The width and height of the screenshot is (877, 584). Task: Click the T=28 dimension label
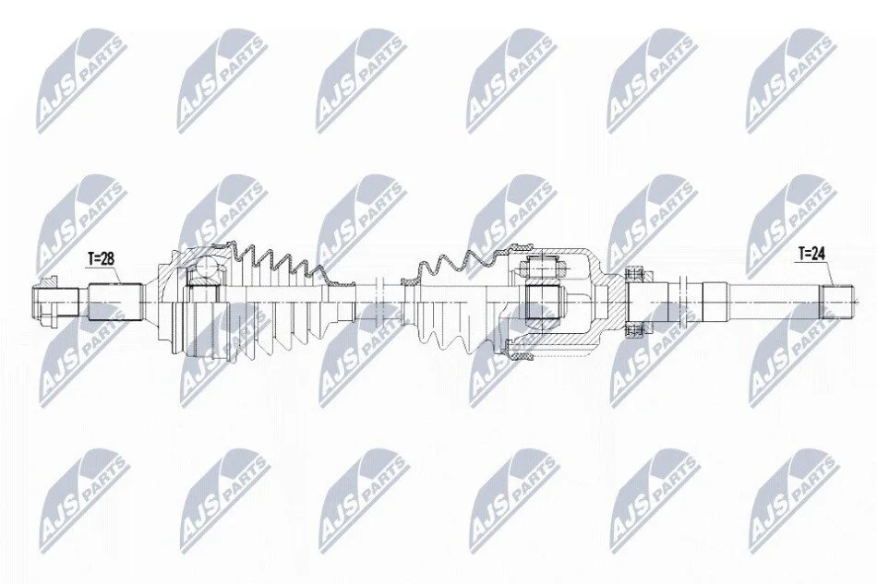(x=102, y=258)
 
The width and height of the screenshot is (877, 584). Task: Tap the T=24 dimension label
(x=811, y=255)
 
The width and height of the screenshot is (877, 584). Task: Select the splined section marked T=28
(x=114, y=303)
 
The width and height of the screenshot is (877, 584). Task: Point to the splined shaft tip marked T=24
(x=836, y=303)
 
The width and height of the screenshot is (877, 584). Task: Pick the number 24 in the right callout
(x=818, y=255)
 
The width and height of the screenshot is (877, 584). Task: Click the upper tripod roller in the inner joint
(x=541, y=264)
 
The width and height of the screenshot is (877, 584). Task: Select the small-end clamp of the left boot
(x=342, y=303)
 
